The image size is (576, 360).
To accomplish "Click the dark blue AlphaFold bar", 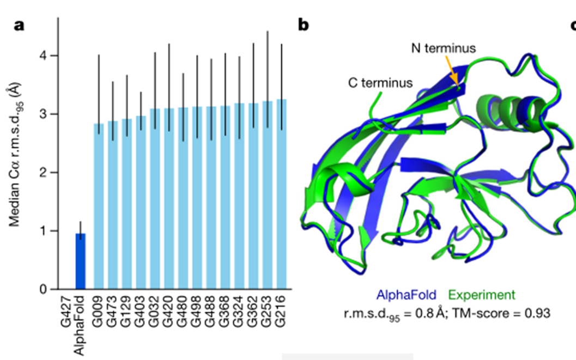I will click(80, 261).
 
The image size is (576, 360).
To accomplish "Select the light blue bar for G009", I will click(99, 207).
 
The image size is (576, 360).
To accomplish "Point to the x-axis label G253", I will click(268, 311).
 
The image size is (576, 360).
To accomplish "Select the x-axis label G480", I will click(183, 311).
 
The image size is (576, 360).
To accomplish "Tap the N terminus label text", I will click(443, 48).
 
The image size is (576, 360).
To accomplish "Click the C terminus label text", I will click(380, 83).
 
